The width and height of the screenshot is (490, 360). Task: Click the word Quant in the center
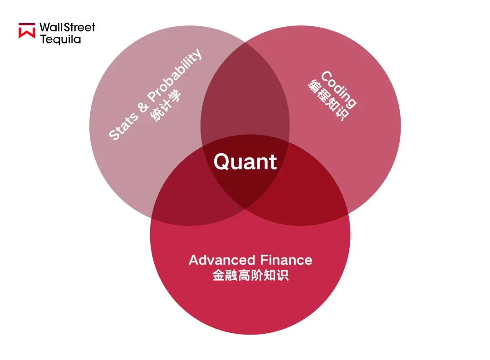(x=245, y=162)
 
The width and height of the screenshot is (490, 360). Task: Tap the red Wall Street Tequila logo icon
(x=27, y=30)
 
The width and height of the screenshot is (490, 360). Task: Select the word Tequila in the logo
(x=61, y=39)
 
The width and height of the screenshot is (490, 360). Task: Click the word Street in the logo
(x=79, y=28)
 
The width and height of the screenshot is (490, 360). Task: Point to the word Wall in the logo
(x=51, y=28)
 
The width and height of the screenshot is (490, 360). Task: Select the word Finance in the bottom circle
(x=286, y=260)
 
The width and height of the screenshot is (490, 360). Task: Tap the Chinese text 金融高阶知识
(x=250, y=275)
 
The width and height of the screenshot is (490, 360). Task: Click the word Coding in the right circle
(x=338, y=90)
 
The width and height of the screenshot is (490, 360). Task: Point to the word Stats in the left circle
(x=123, y=126)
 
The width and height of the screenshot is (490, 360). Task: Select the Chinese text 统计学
(x=166, y=105)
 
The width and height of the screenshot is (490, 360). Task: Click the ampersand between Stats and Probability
(x=143, y=107)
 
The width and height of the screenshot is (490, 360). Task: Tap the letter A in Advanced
(x=195, y=260)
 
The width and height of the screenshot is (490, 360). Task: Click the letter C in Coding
(x=326, y=77)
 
